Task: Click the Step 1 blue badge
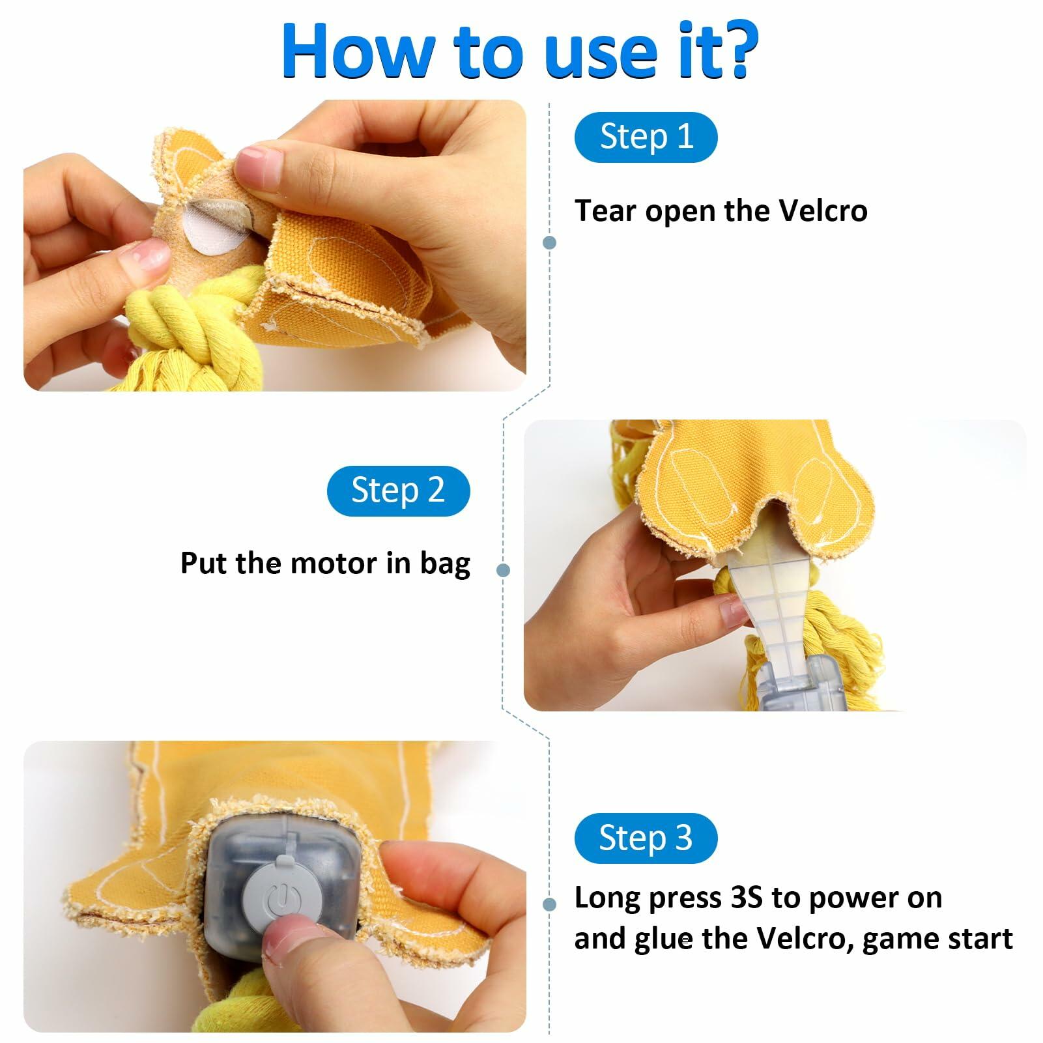coord(646,137)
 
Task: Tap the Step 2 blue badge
coord(398,491)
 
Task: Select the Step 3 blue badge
coord(646,838)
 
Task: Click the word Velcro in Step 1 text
coord(823,210)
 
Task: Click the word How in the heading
coord(358,51)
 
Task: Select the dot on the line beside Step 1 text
coord(549,243)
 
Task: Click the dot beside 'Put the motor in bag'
coord(503,571)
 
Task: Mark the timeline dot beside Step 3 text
coord(549,904)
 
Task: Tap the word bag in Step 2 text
coord(445,564)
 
